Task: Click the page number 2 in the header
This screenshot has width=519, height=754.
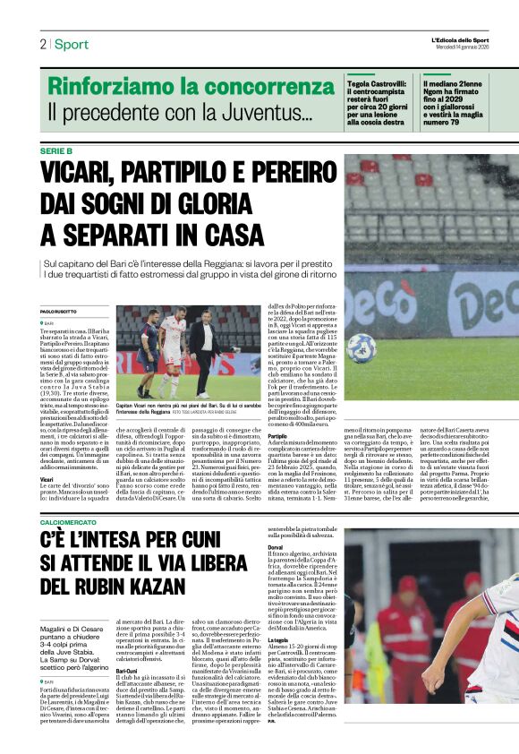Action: (42, 44)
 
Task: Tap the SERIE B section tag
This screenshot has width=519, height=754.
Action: (56, 150)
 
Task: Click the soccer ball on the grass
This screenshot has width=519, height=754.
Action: (362, 347)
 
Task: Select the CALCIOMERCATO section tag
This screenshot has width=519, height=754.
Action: (75, 521)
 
